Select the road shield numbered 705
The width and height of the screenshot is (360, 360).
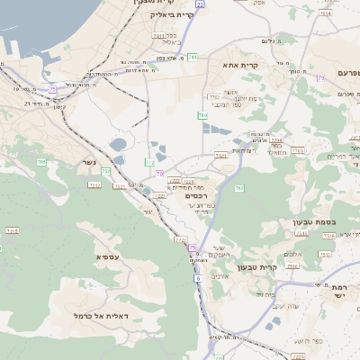[41, 162]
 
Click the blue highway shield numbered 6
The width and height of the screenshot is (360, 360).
[197, 279]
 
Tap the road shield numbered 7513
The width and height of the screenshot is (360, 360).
[328, 236]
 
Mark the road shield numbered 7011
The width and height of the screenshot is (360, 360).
[160, 37]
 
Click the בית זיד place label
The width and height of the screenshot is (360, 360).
[265, 294]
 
